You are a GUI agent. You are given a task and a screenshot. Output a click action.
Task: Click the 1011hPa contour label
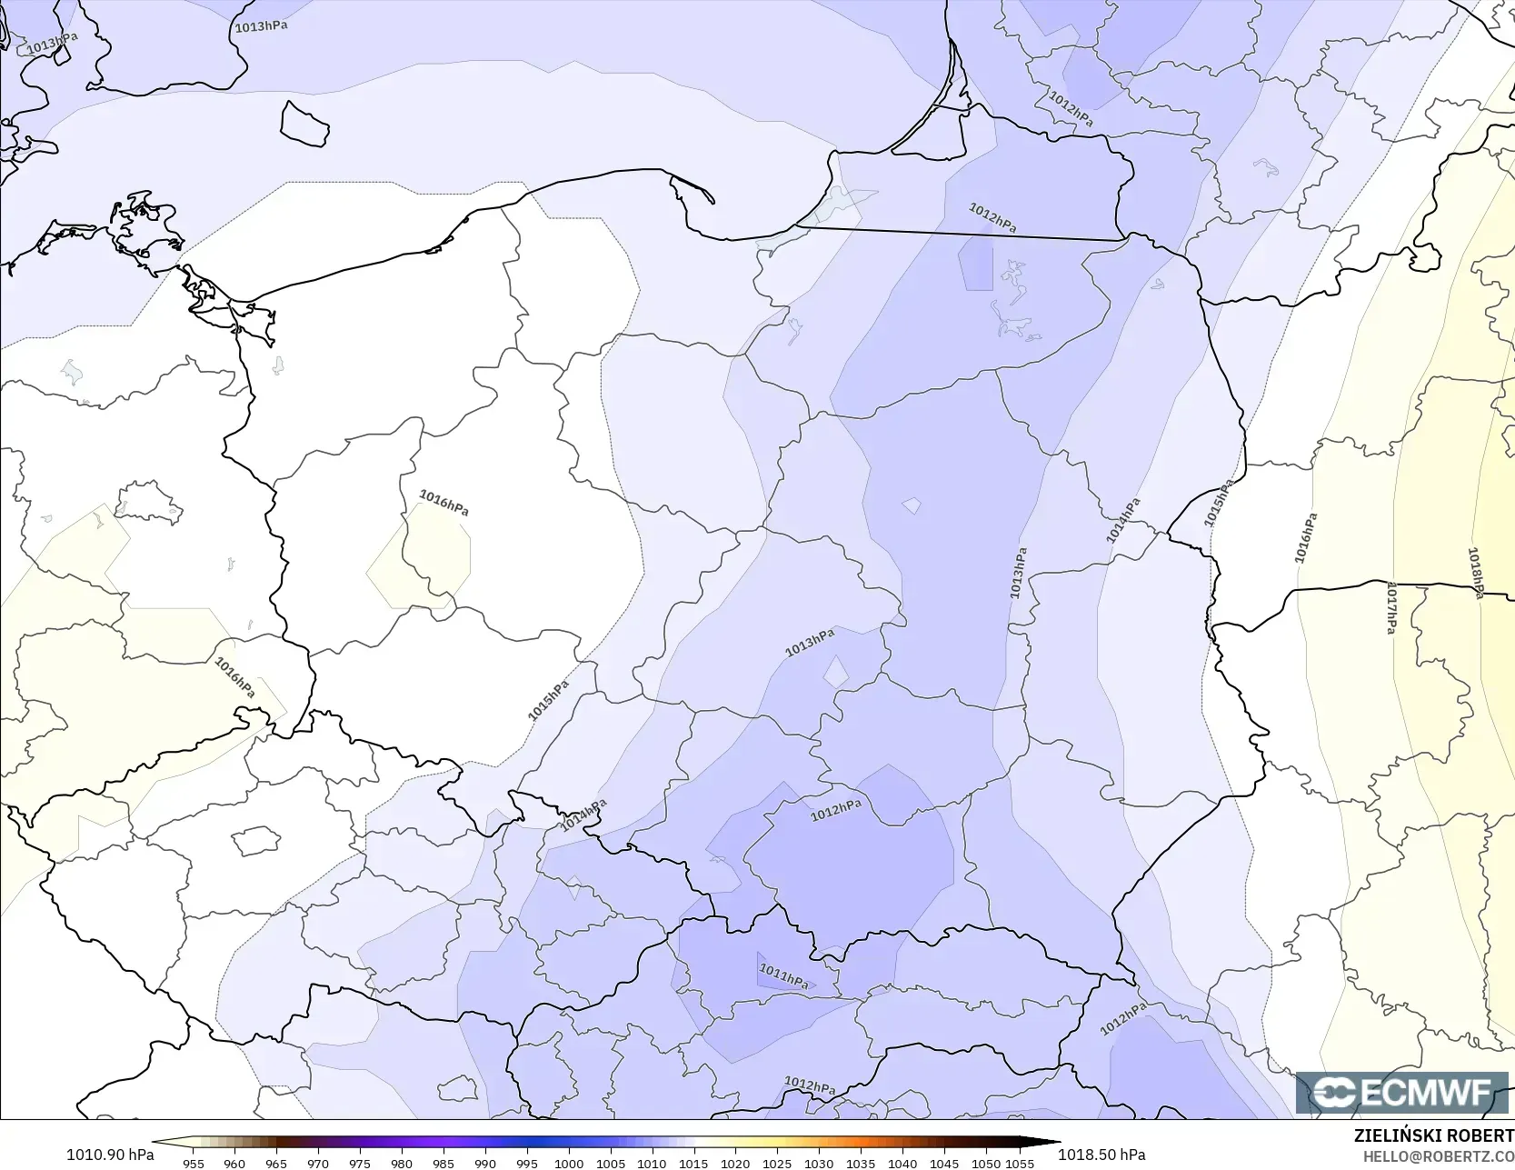783,976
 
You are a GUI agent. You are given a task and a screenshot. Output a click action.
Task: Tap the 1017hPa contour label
1390,608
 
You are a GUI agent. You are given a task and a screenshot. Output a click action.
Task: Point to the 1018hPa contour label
1476,573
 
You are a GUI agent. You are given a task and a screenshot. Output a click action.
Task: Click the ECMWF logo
1402,1092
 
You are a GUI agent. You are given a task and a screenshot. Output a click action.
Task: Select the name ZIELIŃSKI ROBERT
1433,1135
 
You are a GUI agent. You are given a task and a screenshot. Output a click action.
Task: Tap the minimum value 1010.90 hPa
110,1155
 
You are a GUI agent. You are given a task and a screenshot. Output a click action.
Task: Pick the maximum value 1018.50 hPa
1101,1155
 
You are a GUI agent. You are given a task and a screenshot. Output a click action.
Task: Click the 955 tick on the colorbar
193,1163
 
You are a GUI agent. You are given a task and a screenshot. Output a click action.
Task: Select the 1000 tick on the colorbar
569,1163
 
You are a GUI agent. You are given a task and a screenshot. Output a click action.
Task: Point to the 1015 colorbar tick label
693,1163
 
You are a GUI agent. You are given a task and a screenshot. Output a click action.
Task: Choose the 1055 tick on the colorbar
1020,1163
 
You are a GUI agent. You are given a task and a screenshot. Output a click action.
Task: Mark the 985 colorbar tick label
444,1163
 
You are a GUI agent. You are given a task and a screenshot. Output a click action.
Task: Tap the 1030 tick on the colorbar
819,1163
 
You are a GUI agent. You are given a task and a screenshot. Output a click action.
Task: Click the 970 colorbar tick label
318,1163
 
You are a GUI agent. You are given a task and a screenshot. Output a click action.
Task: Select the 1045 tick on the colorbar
944,1163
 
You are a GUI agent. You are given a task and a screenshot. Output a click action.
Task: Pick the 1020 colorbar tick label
735,1163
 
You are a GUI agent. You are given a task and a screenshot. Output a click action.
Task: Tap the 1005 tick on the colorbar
611,1163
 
